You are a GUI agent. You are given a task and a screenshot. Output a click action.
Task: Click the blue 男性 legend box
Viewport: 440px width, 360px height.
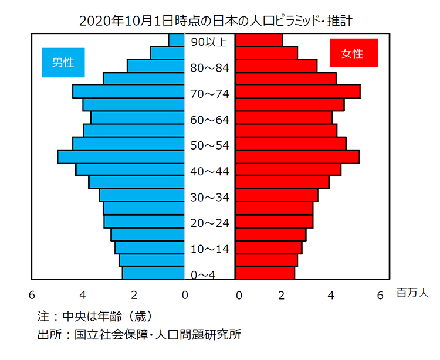coord(63,62)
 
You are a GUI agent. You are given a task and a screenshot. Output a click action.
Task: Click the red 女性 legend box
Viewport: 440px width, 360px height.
coord(353,53)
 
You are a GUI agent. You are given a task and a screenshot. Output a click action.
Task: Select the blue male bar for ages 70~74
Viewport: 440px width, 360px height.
coord(129,92)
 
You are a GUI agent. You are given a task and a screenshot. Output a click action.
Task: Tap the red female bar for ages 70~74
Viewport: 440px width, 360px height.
coord(297,92)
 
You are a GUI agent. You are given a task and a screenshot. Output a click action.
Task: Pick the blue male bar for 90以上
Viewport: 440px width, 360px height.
coord(177,40)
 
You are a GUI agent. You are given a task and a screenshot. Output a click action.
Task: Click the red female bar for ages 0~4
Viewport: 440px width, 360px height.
coord(265,273)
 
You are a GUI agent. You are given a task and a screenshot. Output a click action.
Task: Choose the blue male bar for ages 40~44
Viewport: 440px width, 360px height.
coord(130,169)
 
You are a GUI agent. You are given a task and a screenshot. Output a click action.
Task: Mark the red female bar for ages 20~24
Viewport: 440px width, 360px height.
coord(274,222)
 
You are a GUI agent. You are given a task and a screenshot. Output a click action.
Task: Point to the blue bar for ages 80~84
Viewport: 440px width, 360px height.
coord(156,66)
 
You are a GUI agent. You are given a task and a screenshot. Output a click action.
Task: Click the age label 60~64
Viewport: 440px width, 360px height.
coord(210,120)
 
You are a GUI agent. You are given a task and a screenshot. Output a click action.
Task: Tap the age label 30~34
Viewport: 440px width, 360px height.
coord(210,198)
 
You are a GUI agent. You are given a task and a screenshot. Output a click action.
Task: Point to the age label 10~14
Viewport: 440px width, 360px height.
coord(210,249)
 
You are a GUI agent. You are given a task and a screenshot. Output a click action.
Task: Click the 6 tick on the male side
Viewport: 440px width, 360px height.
coord(32,295)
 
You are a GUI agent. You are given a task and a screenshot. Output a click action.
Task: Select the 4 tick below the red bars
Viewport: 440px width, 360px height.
coord(331,295)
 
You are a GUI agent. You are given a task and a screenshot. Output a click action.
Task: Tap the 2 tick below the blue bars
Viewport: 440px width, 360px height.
coord(134,295)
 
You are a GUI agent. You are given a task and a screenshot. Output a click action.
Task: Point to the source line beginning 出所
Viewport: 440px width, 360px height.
coord(138,335)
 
